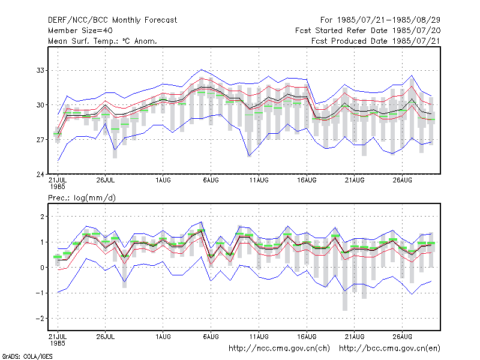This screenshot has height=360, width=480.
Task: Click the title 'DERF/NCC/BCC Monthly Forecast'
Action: tap(112, 20)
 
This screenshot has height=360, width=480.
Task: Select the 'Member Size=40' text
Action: tap(80, 31)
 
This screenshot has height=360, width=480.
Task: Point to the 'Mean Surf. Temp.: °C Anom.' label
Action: tap(103, 41)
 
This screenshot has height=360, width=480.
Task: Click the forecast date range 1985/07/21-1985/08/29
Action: tap(380, 20)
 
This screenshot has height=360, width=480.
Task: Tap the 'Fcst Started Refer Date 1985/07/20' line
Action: tap(368, 31)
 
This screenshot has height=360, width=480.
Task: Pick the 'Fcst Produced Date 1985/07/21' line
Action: tap(376, 41)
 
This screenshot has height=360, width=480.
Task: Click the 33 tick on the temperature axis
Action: tap(40, 70)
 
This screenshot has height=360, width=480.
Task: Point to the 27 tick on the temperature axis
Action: tap(40, 140)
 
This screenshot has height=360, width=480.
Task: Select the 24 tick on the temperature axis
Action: tap(40, 175)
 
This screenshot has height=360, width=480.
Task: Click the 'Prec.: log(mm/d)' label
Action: tap(82, 198)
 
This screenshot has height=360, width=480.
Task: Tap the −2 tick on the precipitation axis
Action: tap(40, 319)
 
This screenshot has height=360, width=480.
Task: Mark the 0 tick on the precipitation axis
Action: tap(42, 268)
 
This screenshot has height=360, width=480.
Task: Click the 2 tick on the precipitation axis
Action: tap(42, 217)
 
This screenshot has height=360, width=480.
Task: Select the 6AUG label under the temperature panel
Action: tap(211, 181)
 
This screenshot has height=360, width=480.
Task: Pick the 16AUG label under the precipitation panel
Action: tap(307, 337)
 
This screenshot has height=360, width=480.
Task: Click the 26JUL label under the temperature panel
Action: tap(106, 181)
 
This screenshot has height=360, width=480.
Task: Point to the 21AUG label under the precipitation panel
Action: tap(355, 337)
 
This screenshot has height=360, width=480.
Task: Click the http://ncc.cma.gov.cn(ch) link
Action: tap(279, 349)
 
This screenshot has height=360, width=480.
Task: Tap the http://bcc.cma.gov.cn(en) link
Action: tap(389, 349)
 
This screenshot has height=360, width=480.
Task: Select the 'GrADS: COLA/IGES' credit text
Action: tap(27, 356)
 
